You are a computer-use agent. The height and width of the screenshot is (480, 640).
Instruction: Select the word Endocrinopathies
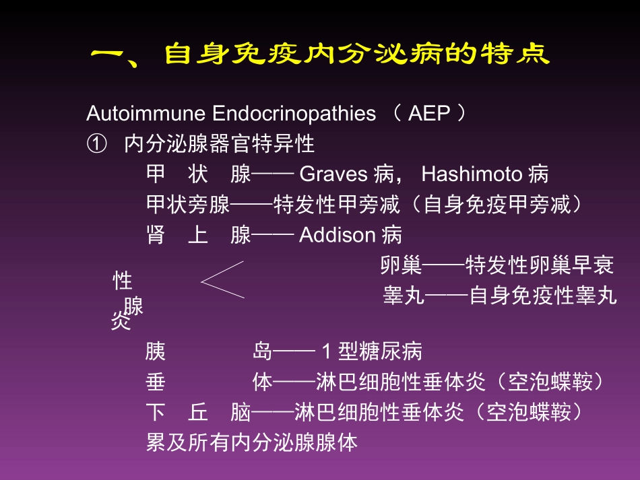[294, 113]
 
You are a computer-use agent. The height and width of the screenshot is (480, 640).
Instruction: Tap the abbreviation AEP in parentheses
[428, 113]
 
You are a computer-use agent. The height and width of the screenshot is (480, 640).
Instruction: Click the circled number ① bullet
[96, 144]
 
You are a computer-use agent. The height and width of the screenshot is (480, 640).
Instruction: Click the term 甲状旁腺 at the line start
[188, 205]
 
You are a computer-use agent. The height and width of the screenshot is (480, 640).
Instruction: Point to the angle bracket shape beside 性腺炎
[222, 279]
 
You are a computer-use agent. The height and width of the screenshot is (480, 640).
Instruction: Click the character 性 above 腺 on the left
[122, 280]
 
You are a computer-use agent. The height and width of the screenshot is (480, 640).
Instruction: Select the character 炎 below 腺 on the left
[119, 322]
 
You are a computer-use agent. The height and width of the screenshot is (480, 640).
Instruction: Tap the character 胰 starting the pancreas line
[155, 351]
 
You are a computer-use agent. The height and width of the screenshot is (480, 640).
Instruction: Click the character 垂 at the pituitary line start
[155, 382]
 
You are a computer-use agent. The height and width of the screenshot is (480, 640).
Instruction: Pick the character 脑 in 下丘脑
[241, 413]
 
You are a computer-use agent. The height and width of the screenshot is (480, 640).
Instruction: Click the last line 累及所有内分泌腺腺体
[251, 443]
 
